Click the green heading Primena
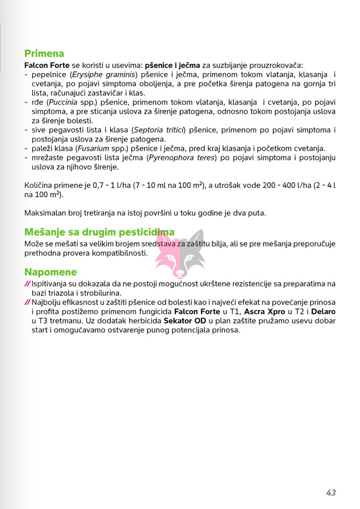click(44, 54)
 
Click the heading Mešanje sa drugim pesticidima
click(99, 232)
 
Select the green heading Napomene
click(50, 272)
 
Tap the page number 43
click(331, 477)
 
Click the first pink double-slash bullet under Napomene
click(27, 284)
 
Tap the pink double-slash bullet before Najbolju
click(27, 303)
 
